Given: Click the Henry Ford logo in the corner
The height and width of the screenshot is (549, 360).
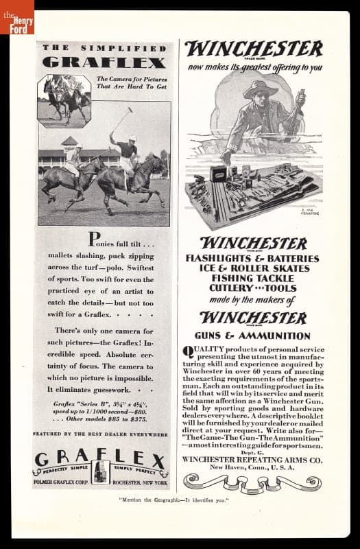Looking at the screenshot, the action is tap(16, 16).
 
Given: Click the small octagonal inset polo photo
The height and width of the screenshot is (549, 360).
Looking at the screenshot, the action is tap(64, 101).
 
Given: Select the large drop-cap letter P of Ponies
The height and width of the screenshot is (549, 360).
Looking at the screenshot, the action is tap(95, 240).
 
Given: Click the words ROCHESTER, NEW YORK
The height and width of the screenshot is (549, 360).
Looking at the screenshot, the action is tap(141, 482).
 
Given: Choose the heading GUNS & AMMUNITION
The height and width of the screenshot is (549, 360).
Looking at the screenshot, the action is tap(253, 336).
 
